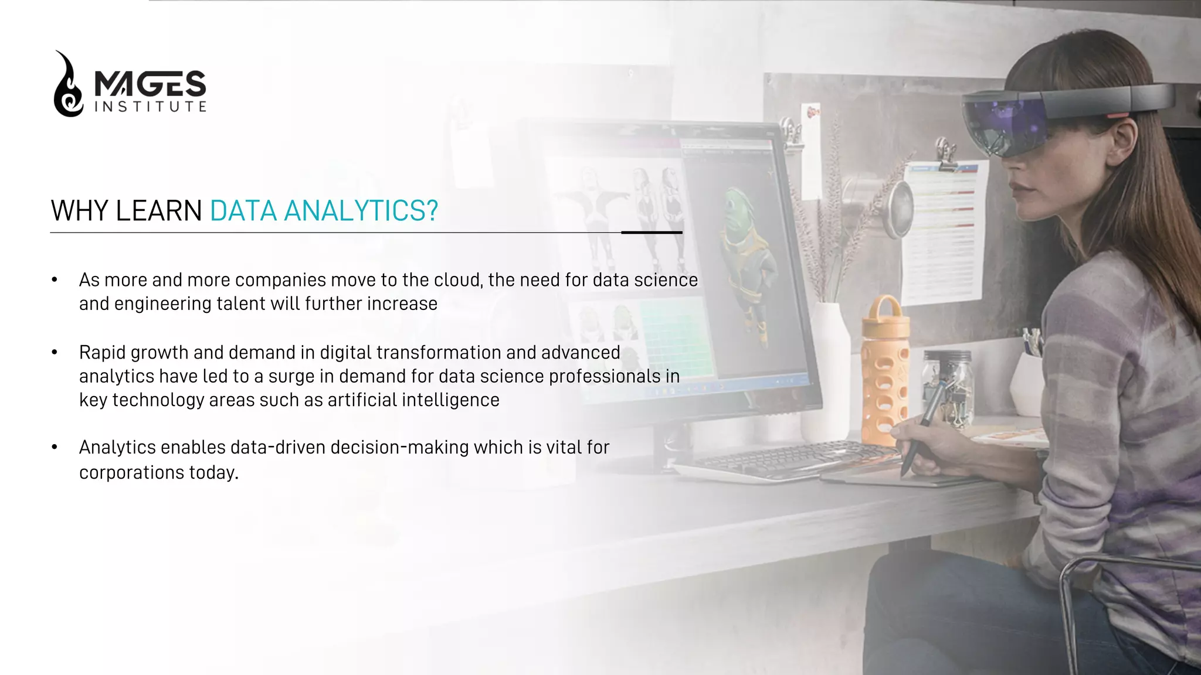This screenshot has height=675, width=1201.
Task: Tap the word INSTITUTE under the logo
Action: tap(150, 107)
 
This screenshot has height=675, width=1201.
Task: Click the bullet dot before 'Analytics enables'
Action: tap(55, 448)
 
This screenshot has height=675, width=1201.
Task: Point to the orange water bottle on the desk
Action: tap(885, 369)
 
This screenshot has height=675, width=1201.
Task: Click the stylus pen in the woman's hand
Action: tap(921, 428)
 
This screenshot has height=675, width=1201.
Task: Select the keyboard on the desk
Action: tap(786, 460)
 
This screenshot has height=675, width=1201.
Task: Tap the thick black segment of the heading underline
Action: tap(652, 233)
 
